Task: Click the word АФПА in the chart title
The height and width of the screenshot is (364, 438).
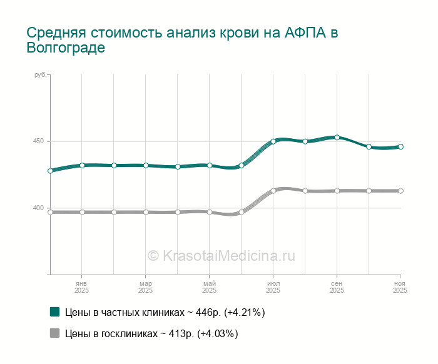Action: (x=304, y=33)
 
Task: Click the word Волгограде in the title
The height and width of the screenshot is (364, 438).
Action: (x=66, y=48)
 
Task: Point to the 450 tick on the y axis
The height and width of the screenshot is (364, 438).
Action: (x=38, y=141)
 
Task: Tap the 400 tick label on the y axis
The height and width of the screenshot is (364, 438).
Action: (x=38, y=208)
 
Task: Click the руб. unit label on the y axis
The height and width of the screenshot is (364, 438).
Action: (x=40, y=75)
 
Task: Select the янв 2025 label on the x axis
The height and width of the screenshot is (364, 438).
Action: (x=81, y=287)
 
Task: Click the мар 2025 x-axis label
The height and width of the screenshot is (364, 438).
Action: (x=145, y=287)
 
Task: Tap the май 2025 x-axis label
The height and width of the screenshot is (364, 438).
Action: (x=209, y=287)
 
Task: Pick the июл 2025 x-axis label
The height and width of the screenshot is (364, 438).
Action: (x=273, y=287)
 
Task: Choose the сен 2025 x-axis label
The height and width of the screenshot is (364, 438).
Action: (x=337, y=287)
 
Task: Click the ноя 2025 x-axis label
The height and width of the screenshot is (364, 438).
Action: (x=400, y=287)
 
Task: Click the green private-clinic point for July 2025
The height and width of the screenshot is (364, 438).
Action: (x=273, y=141)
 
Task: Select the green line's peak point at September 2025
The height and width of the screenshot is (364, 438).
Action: (x=337, y=138)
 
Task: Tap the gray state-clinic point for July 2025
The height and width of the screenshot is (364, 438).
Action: (x=273, y=191)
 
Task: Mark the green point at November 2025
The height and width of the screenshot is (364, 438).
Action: (x=401, y=147)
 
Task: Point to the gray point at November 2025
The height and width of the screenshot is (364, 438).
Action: (x=401, y=191)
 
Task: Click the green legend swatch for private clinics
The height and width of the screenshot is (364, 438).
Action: (x=55, y=312)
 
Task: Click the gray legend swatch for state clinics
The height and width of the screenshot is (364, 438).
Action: (x=55, y=333)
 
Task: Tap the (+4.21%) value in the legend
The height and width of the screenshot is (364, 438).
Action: (x=245, y=312)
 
